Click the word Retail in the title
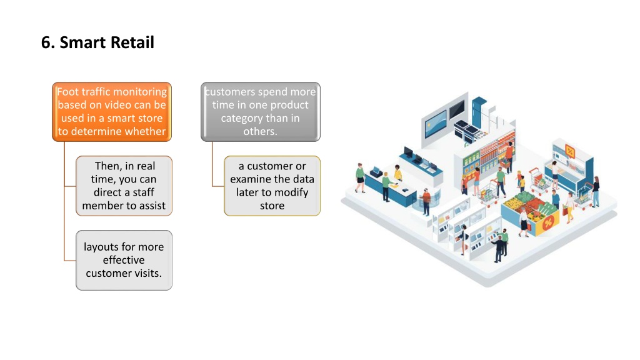pos(132,42)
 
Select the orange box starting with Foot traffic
pos(112,112)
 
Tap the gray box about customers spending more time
pos(261,112)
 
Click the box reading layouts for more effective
pos(124,261)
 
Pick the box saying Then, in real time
pos(124,186)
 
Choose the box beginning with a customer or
pos(272,186)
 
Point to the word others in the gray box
pos(261,131)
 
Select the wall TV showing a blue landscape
pos(436,123)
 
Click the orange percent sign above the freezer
pos(570,152)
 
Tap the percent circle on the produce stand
pos(548,222)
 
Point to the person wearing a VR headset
pos(426,201)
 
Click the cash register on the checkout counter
pos(376,171)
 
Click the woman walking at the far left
pos(360,178)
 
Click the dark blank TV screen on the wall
pos(457,109)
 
